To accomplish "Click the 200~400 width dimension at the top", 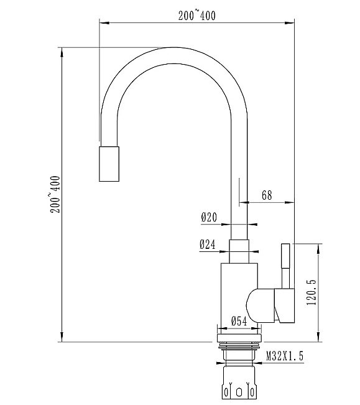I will point(196,17).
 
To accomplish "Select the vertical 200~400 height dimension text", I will point(55,193).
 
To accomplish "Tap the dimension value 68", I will point(266,195).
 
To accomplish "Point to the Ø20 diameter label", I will point(208,218).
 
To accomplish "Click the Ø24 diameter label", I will point(208,245).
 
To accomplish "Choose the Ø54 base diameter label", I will point(239,321).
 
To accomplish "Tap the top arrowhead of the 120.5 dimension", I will point(319,246).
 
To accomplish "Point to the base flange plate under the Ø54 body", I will point(239,338).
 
